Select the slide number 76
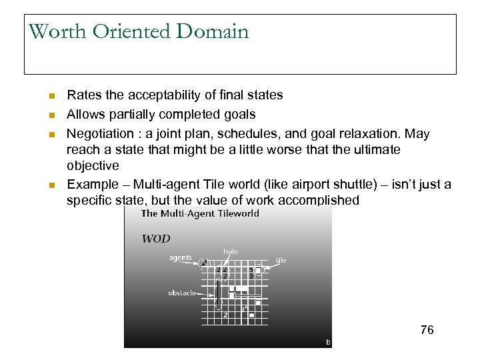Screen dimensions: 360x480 click(427, 329)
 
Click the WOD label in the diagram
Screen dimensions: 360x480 click(155, 239)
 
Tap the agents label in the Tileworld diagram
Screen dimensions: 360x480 click(180, 258)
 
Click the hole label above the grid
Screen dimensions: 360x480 click(231, 251)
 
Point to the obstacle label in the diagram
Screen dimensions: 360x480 click(182, 293)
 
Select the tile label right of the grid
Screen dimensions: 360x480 click(281, 260)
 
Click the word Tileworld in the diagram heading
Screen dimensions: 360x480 click(233, 214)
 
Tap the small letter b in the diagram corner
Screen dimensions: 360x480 click(327, 341)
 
